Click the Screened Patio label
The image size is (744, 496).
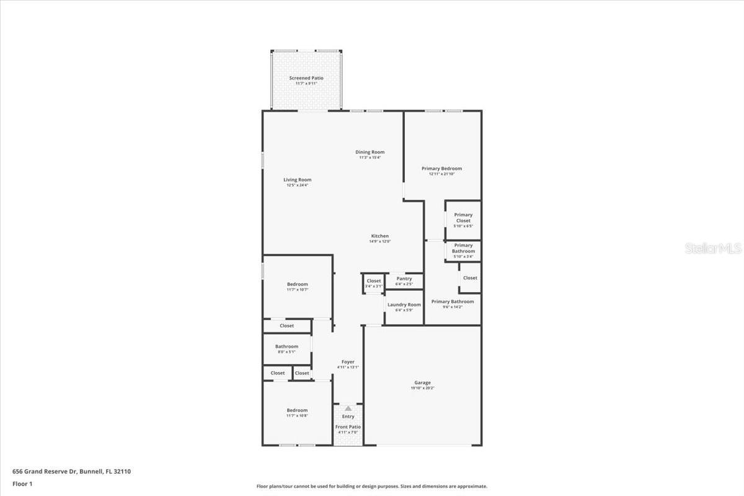coord(306,78)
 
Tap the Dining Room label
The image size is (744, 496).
coord(370,152)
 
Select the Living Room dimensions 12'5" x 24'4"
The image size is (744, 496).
coord(298,185)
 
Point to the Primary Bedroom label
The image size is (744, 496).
coord(441,169)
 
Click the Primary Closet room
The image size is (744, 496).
coord(463,220)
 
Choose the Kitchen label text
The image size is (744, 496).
coord(380,236)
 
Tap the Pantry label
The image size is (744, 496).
coord(404,279)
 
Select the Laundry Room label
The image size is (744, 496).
coord(404,304)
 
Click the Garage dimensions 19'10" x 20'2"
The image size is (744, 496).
coord(423,388)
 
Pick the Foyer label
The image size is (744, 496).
coord(348,362)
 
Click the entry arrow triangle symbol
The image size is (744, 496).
coord(348,409)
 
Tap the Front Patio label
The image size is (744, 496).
coord(348,427)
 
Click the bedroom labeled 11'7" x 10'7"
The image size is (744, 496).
coord(297,286)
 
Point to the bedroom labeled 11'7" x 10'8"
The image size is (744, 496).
coord(297,412)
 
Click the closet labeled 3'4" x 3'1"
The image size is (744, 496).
coord(374,283)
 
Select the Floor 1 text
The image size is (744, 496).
coord(23,483)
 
